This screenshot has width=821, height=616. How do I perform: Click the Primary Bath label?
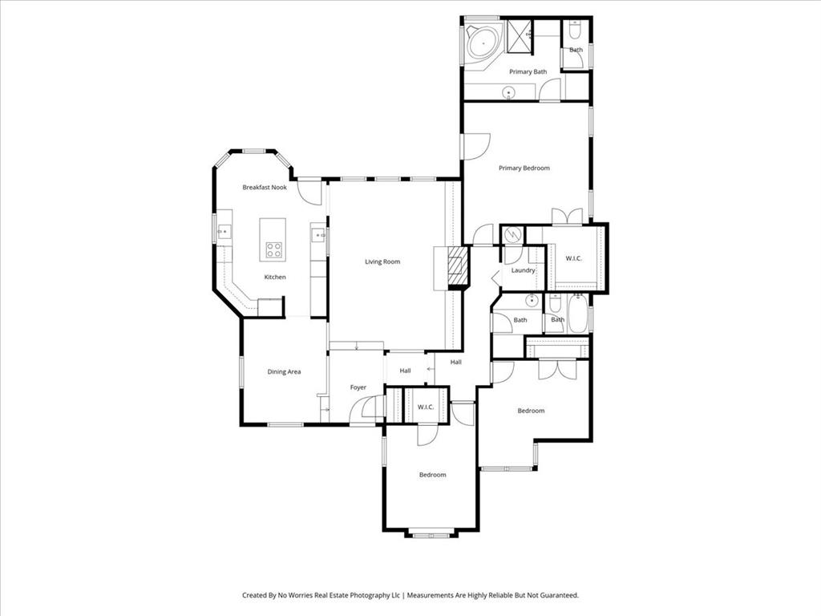528,71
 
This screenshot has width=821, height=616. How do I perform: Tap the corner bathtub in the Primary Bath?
483,40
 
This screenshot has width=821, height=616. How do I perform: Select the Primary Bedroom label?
524,168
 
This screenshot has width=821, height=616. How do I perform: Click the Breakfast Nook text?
265,187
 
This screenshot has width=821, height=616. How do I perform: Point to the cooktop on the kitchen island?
273,249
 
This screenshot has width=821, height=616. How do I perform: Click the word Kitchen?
275,277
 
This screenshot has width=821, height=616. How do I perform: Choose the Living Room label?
382,261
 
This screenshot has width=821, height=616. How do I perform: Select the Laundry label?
524,270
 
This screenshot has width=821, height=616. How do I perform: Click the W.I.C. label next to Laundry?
573,258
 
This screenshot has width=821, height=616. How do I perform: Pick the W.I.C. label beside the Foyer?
425,407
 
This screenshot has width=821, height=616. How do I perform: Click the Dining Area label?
284,371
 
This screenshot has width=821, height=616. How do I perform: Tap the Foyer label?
358,387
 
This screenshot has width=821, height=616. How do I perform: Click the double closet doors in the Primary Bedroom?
567,217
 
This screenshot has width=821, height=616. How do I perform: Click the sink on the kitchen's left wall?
224,232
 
